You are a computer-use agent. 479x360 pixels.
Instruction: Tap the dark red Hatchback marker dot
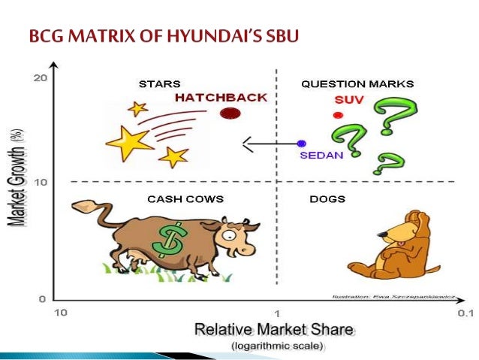[230, 113]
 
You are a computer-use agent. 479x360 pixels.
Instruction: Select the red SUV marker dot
[338, 115]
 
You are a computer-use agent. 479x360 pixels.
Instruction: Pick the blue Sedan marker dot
[302, 143]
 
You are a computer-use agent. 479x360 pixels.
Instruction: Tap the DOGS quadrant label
[327, 198]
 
